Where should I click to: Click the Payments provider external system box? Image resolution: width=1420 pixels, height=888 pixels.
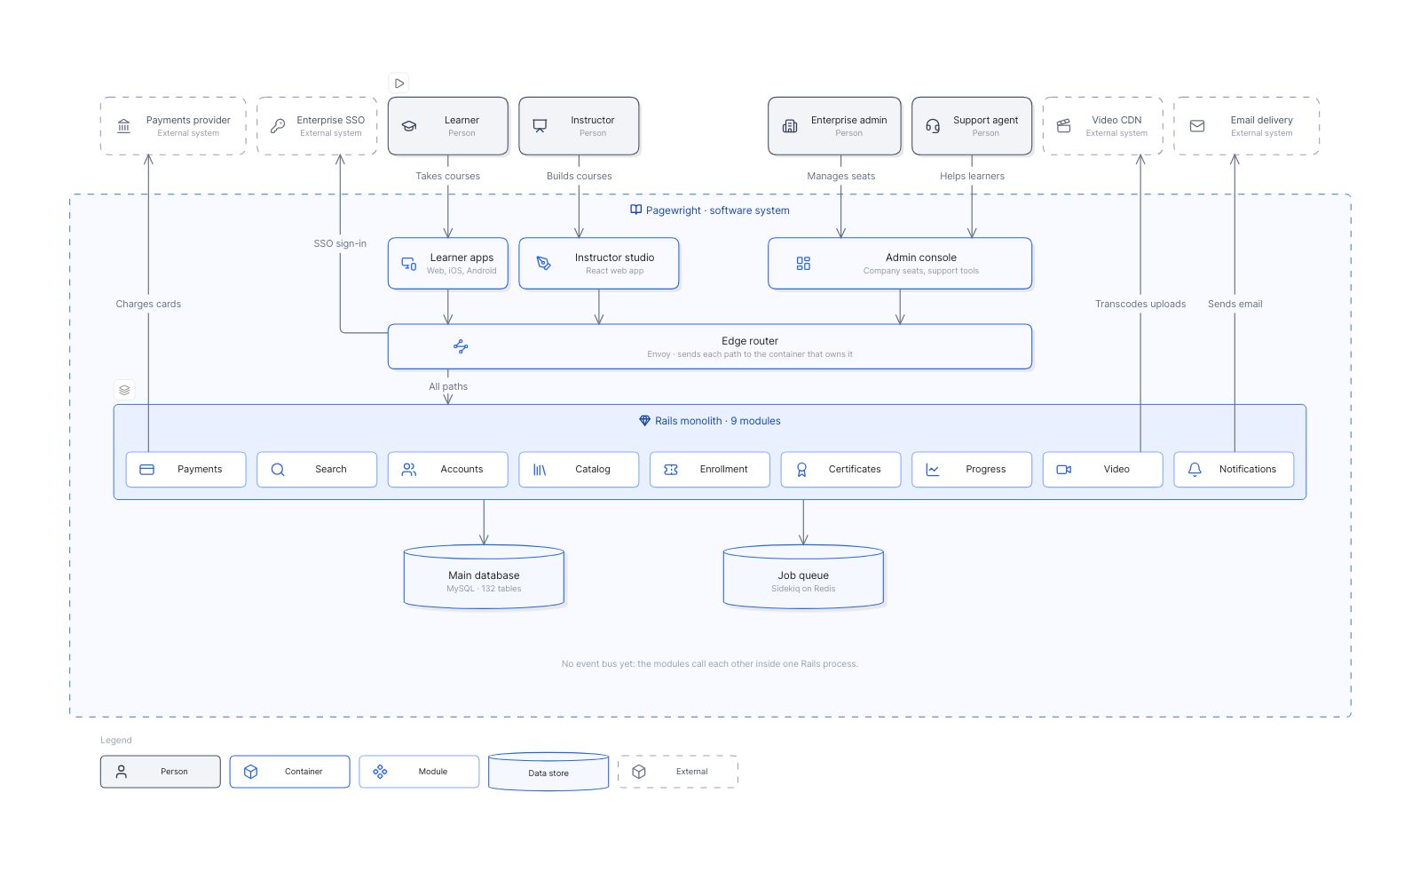click(173, 125)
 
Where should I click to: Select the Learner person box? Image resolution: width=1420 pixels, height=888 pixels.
click(447, 125)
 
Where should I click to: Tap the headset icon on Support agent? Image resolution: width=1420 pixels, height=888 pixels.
click(933, 125)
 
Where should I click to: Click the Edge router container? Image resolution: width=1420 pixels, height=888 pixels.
click(709, 346)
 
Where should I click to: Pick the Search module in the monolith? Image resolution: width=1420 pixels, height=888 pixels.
click(316, 470)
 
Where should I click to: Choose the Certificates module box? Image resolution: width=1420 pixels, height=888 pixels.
click(840, 470)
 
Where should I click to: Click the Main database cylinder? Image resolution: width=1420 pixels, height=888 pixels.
click(484, 576)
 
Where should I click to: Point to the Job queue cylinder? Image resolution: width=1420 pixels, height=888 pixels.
click(803, 576)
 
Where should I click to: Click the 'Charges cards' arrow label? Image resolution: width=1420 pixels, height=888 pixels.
click(148, 304)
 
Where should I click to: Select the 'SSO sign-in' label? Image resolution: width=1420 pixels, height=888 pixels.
click(340, 243)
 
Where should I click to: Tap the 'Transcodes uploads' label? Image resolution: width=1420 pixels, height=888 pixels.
click(1140, 304)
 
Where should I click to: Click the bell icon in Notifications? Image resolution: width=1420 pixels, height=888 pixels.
click(1195, 470)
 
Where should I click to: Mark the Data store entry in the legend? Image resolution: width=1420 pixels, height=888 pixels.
click(548, 772)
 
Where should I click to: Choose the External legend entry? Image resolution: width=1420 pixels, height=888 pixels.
click(678, 772)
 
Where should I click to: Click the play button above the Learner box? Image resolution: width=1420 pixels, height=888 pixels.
click(398, 83)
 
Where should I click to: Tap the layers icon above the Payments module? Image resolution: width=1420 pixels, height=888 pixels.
click(124, 390)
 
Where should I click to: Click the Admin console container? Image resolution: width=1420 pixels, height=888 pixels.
click(900, 263)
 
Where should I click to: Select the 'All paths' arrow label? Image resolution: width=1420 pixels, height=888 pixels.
click(448, 386)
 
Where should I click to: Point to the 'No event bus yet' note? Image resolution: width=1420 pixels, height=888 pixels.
click(709, 663)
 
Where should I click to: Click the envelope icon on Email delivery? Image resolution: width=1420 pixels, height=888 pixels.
click(1197, 125)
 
